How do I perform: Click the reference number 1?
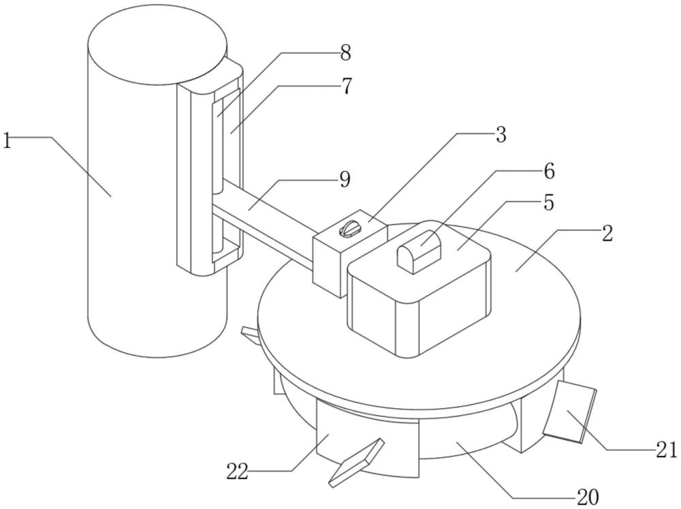7,141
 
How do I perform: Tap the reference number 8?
345,53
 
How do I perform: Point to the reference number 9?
345,179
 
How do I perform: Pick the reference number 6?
549,171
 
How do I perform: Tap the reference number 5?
549,202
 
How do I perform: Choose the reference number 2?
607,234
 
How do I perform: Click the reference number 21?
667,450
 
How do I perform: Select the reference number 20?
588,496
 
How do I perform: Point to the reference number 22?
237,472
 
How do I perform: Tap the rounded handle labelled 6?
418,253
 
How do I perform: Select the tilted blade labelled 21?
569,411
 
